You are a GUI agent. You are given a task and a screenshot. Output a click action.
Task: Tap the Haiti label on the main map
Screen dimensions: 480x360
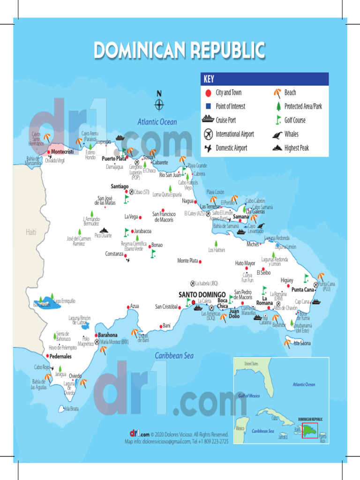pyautogui.click(x=31, y=232)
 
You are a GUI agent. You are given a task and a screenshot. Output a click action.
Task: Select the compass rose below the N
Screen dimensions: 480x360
pyautogui.click(x=159, y=105)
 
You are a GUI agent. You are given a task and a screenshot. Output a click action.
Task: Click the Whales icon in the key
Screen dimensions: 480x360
pyautogui.click(x=277, y=135)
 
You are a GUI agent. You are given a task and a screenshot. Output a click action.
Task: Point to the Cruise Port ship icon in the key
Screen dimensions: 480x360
pyautogui.click(x=208, y=120)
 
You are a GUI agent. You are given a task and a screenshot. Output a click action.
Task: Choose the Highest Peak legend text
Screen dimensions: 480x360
pyautogui.click(x=296, y=148)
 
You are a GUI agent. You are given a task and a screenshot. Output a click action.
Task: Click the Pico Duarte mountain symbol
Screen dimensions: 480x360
pyautogui.click(x=104, y=230)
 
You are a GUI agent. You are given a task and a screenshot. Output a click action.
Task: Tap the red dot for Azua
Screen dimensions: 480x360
pyautogui.click(x=128, y=307)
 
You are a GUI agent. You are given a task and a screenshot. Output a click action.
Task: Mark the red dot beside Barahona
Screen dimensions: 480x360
pyautogui.click(x=95, y=335)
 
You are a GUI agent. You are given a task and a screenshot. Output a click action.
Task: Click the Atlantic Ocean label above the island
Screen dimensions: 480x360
pyautogui.click(x=157, y=122)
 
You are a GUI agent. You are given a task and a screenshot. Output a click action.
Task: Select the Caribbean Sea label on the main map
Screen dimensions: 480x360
pyautogui.click(x=174, y=356)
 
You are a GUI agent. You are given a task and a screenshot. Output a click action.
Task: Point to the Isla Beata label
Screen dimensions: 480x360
pyautogui.click(x=71, y=409)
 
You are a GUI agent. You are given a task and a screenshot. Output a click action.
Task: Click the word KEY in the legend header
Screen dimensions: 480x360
pyautogui.click(x=209, y=79)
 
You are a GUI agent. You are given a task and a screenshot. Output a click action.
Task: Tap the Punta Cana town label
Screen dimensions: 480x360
pyautogui.click(x=302, y=290)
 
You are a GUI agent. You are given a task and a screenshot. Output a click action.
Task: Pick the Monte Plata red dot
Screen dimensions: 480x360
pyautogui.click(x=200, y=261)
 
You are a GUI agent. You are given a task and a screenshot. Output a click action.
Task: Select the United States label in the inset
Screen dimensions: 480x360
pyautogui.click(x=251, y=364)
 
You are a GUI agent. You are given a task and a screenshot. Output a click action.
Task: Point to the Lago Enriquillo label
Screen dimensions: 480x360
pyautogui.click(x=64, y=301)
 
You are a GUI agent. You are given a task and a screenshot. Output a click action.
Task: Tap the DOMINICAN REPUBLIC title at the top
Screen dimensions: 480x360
pyautogui.click(x=180, y=50)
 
